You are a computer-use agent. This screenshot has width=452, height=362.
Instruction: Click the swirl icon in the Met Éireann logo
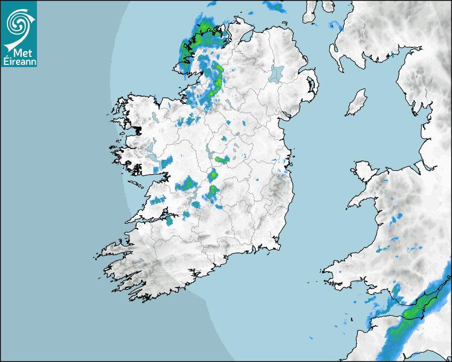[x=18, y=23]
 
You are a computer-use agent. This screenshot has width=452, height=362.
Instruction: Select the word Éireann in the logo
[x=19, y=61]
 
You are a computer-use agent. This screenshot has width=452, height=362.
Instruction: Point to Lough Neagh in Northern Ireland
[x=277, y=73]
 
